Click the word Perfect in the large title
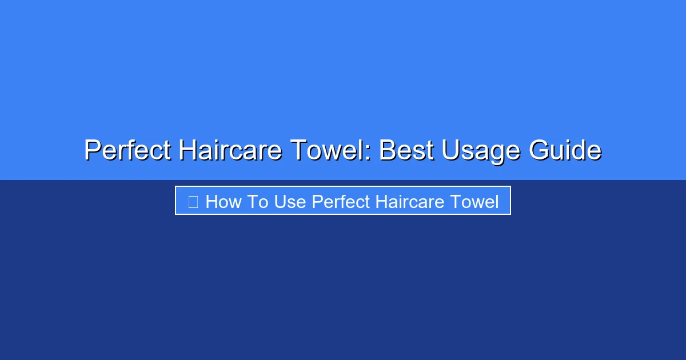coord(127,151)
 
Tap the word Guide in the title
coord(565,151)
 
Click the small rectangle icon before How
coord(193,201)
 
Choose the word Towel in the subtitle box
coord(474,201)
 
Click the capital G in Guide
coord(540,151)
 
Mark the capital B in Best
coord(388,151)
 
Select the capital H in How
coord(212,201)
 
